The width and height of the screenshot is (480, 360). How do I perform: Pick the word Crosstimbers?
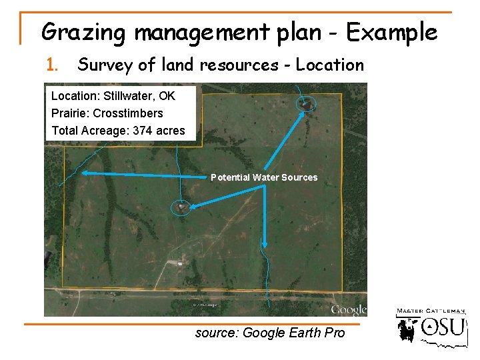pos(128,113)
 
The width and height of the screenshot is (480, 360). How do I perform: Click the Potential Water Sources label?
pos(264,177)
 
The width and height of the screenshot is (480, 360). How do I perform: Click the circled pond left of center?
pos(181,207)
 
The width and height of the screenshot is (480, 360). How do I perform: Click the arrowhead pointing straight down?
pos(265,245)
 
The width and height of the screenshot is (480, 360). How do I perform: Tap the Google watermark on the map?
pos(349,310)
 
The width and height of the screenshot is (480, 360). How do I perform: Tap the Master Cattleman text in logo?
pos(431,311)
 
